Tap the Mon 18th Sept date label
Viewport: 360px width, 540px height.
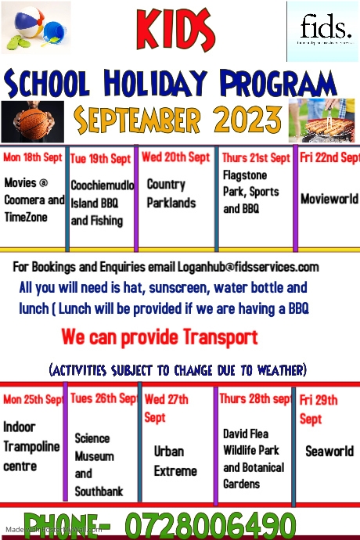pyautogui.click(x=33, y=157)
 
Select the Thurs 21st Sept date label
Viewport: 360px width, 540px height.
pyautogui.click(x=256, y=157)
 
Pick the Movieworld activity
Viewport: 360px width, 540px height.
pyautogui.click(x=329, y=199)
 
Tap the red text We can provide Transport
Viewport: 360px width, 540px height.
pyautogui.click(x=160, y=338)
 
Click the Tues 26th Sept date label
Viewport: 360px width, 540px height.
pyautogui.click(x=103, y=398)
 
